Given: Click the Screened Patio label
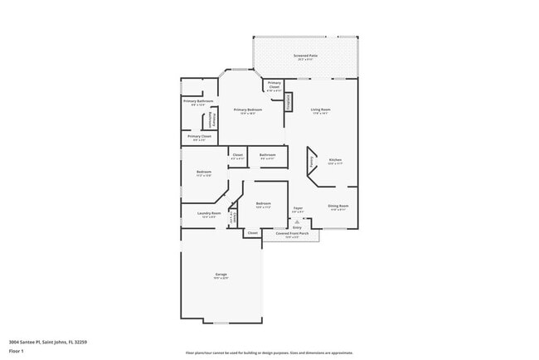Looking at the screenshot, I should pos(304,57).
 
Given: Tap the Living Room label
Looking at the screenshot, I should pos(321,110).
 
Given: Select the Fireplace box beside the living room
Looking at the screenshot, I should pos(289,102).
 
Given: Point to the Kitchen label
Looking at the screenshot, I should pos(335,161).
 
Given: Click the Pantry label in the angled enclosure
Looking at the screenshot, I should pos(313,164).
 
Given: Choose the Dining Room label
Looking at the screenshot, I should pos(337,207).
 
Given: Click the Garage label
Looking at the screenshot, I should pos(221,275).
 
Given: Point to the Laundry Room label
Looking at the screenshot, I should pos(209,214).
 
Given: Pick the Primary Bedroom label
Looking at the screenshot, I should pos(248,110).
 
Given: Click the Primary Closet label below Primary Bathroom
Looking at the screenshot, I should pos(199,137).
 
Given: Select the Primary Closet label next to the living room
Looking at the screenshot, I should pos(274,85).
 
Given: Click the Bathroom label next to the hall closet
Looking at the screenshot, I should pos(267,155).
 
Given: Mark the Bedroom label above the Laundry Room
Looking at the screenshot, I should pos(204,173).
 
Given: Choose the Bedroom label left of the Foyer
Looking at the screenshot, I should pos(264,204).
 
